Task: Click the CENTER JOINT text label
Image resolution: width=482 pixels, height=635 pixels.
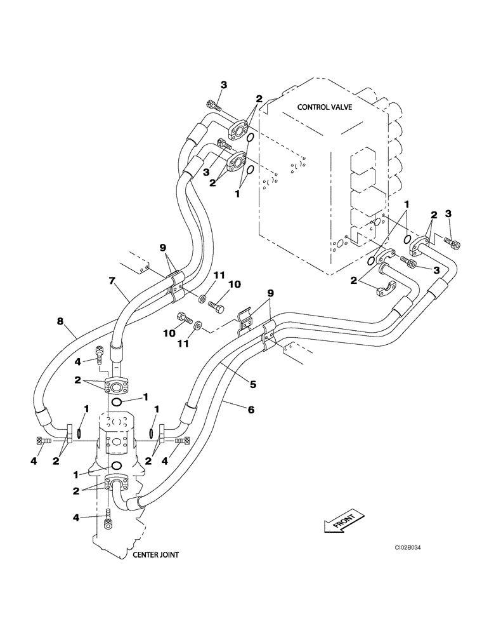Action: coord(155,554)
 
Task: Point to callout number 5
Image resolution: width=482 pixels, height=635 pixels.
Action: coord(252,384)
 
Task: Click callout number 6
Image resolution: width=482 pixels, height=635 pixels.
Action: coord(251,410)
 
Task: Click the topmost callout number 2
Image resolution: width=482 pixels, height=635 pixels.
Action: coord(259,98)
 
